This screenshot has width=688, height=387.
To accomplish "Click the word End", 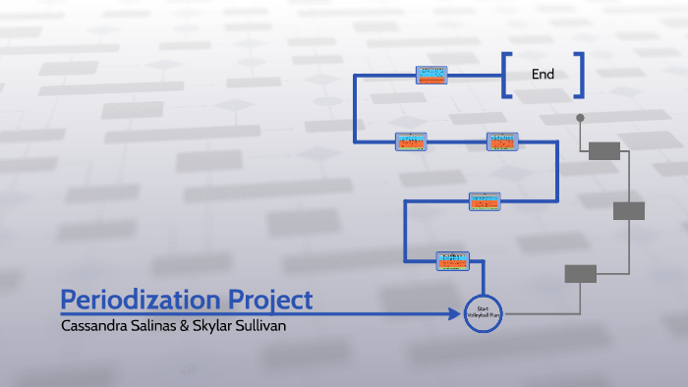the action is click(543, 74).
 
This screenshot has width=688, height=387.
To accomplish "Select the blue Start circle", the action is click(483, 313).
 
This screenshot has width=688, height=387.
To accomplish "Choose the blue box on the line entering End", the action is click(431, 75).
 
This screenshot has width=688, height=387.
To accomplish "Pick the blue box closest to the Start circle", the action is click(453, 259).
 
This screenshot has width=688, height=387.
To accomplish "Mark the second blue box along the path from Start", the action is click(486, 201).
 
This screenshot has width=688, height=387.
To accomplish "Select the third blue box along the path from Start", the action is click(502, 141).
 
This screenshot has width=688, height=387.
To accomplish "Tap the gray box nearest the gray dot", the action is click(604, 150).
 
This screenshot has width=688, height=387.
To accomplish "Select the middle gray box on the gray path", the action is click(629, 210).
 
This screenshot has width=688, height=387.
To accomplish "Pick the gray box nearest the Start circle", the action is click(581, 273).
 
